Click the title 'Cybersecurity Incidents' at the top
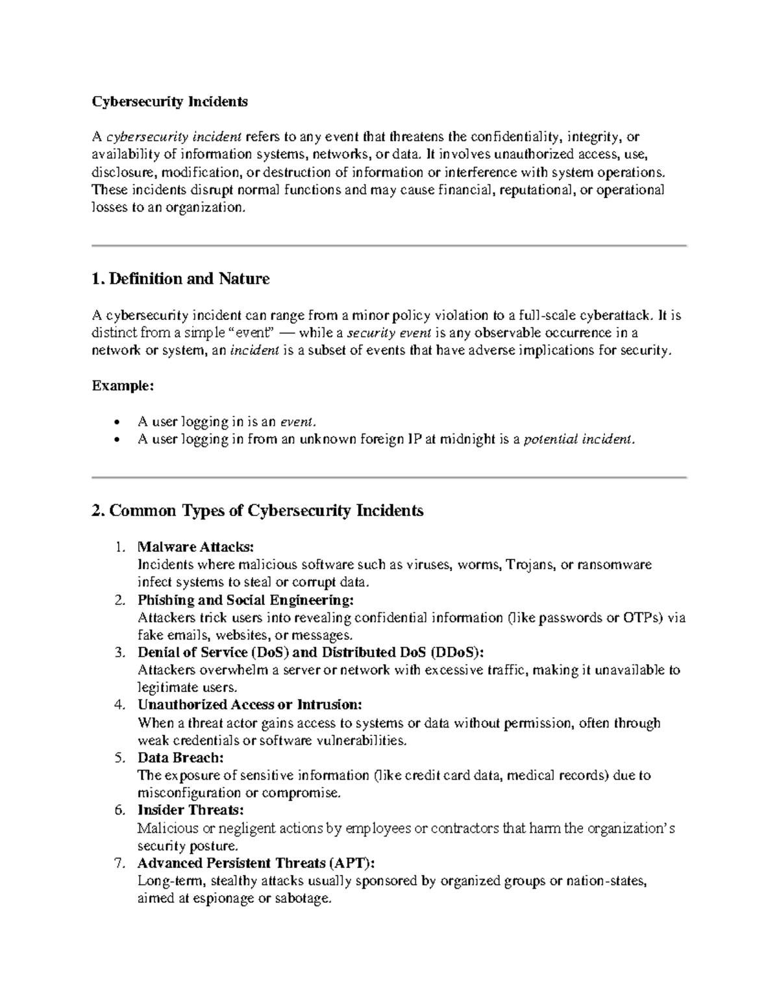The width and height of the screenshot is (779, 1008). click(x=169, y=102)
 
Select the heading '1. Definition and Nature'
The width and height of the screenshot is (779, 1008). click(x=180, y=279)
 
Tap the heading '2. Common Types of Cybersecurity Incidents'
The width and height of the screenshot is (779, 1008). click(x=258, y=511)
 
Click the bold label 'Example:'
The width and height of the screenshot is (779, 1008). click(x=123, y=386)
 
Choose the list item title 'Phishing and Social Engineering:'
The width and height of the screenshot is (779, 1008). click(x=246, y=600)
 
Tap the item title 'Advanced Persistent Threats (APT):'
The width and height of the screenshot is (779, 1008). click(x=256, y=863)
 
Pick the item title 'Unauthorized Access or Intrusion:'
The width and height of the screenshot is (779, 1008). click(x=249, y=705)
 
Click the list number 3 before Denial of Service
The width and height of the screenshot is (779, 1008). click(x=119, y=652)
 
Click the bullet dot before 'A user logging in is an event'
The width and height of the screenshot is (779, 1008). click(x=116, y=422)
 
